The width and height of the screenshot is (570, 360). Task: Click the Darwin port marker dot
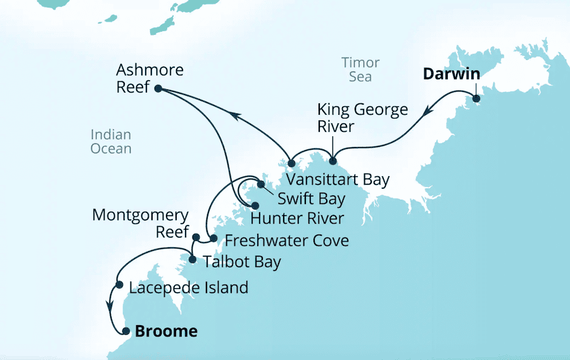click(476, 98)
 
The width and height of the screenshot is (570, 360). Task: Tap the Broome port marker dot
click(125, 331)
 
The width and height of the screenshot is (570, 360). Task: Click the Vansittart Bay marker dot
click(291, 164)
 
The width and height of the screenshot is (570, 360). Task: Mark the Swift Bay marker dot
click(260, 185)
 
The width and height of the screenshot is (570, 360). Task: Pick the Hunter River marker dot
click(255, 206)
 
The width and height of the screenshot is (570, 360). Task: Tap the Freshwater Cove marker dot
click(213, 239)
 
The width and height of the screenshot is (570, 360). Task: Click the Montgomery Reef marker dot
click(196, 238)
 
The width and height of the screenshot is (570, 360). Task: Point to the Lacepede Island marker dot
click(119, 285)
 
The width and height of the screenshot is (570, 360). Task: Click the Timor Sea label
click(360, 70)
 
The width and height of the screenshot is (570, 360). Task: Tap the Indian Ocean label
click(110, 142)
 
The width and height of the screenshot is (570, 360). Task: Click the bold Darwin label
click(452, 74)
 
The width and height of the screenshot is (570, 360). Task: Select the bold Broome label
click(165, 331)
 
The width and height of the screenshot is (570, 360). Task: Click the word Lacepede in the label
click(160, 288)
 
